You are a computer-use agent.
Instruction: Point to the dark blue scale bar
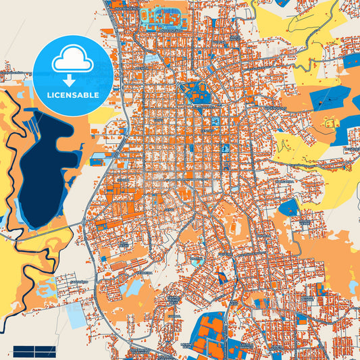tap(34, 351)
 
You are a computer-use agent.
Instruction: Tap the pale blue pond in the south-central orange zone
tap(133, 288)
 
